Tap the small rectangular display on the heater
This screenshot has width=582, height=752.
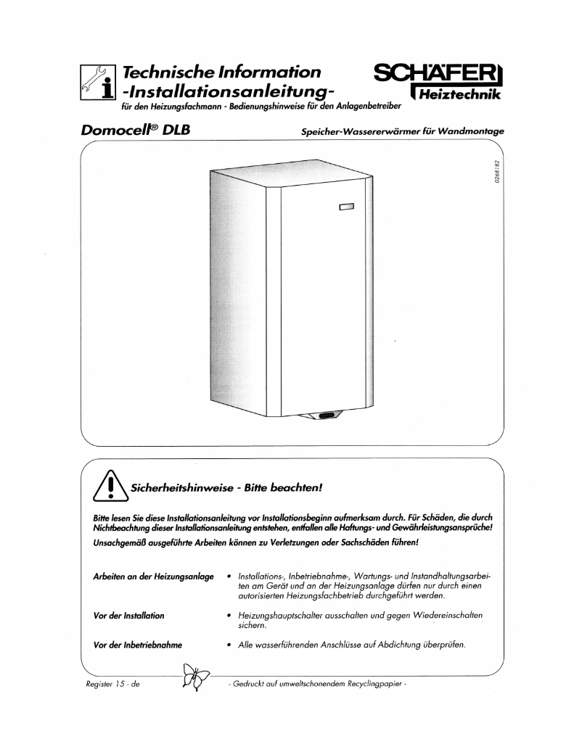pyautogui.click(x=346, y=209)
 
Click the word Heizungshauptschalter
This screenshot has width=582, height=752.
pyautogui.click(x=283, y=616)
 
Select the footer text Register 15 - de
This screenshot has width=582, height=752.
pyautogui.click(x=112, y=683)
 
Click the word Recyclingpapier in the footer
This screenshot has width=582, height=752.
pyautogui.click(x=377, y=683)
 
